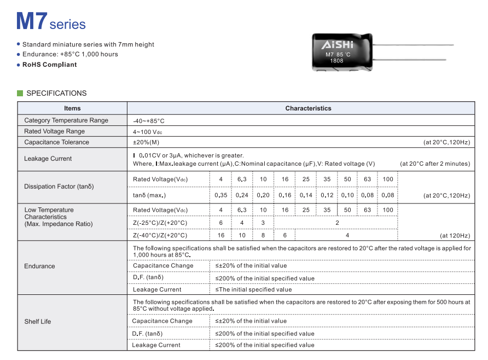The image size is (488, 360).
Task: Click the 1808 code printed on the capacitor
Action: coord(336,61)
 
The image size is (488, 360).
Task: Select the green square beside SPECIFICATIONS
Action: coord(20,93)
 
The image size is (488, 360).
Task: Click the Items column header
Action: coord(72,108)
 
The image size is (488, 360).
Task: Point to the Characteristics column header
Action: coord(308,108)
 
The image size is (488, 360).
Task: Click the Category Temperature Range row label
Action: coord(66,120)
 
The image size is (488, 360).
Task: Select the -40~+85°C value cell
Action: coord(148,121)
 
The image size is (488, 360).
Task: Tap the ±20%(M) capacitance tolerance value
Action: coord(146,142)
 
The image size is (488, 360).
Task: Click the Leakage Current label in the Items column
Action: coord(48,159)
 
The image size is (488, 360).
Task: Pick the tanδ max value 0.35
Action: coord(221,195)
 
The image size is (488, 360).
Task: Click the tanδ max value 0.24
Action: coord(242,195)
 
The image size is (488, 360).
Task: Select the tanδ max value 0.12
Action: coord(327,195)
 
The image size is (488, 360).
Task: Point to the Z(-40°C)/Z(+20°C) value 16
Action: coord(221,235)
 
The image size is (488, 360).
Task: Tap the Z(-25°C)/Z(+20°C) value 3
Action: coord(263,223)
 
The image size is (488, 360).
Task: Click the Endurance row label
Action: coord(39,266)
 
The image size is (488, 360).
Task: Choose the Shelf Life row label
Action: coord(38,322)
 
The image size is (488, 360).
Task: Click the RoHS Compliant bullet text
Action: coord(49,65)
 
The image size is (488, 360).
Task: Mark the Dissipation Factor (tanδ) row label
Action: coord(59,187)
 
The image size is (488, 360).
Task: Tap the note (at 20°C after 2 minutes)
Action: coord(434,164)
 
